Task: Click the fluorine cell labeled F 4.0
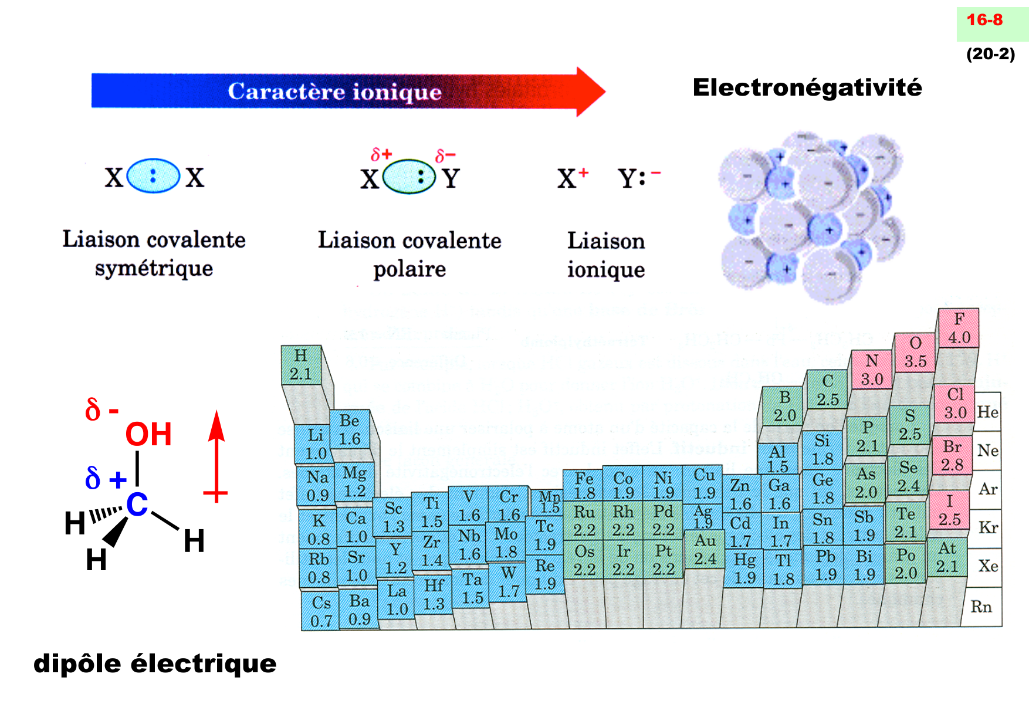click(x=959, y=328)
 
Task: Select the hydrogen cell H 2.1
click(x=301, y=364)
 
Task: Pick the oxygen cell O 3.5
click(x=915, y=352)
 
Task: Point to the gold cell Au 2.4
click(x=705, y=550)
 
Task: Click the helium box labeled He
click(x=987, y=412)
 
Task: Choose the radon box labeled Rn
click(x=981, y=607)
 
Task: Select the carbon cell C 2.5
click(x=827, y=390)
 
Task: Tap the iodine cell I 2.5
click(x=949, y=510)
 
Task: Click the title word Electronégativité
click(x=807, y=87)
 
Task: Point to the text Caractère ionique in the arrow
click(x=334, y=92)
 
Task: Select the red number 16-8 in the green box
click(x=984, y=20)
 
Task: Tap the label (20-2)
click(x=990, y=54)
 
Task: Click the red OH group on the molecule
click(x=148, y=435)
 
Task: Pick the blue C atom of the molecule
click(x=137, y=504)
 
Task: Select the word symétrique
click(x=154, y=269)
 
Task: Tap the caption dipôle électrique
click(x=155, y=663)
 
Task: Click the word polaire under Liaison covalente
click(x=409, y=269)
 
